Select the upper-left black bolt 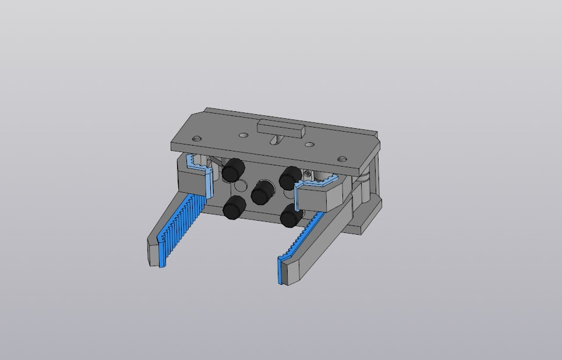coord(233,170)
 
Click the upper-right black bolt coord(289,177)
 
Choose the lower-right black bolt coord(291,215)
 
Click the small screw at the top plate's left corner coord(197,137)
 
